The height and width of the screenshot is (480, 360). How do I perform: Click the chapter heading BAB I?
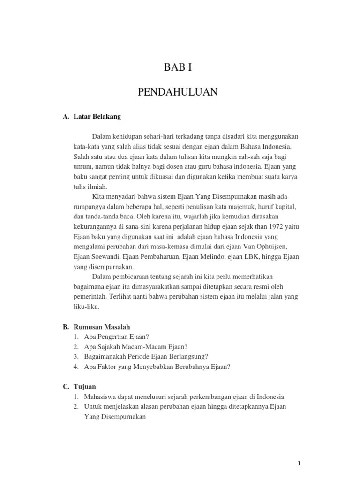pyautogui.click(x=178, y=67)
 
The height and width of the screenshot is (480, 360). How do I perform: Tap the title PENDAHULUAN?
pyautogui.click(x=178, y=92)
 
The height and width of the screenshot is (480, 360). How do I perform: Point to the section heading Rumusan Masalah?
pyautogui.click(x=102, y=327)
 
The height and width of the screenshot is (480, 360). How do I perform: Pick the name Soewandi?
pyautogui.click(x=105, y=256)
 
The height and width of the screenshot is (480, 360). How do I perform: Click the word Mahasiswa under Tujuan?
pyautogui.click(x=102, y=396)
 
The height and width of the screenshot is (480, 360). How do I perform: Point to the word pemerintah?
pyautogui.click(x=90, y=297)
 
